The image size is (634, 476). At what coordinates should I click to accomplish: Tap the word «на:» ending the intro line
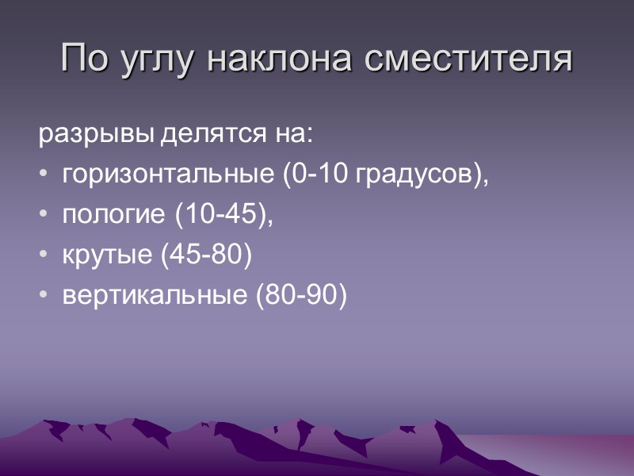click(294, 136)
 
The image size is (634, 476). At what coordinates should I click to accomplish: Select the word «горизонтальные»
click(169, 175)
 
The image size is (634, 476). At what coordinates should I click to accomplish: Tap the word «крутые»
click(105, 255)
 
